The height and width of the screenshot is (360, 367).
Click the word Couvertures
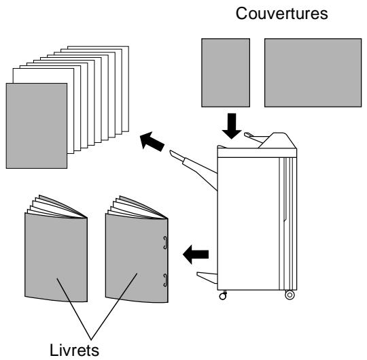tap(281, 14)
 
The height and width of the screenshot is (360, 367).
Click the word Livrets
tap(74, 350)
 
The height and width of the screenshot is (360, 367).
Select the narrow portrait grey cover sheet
tap(226, 73)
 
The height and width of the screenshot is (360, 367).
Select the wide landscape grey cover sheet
tap(313, 73)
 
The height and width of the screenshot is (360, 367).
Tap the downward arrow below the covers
tap(232, 126)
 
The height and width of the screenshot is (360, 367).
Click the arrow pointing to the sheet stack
tap(152, 142)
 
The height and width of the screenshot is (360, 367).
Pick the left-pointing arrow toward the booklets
tap(196, 255)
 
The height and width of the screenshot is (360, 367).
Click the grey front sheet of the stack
tap(37, 126)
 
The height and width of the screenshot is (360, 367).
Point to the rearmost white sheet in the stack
tap(126, 89)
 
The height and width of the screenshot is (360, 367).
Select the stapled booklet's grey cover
tap(137, 259)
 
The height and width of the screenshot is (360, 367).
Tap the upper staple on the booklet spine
tap(165, 242)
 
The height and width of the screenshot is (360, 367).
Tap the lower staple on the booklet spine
tap(165, 280)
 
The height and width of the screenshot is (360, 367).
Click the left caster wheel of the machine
tap(223, 296)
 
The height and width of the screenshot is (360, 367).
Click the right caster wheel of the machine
tap(290, 295)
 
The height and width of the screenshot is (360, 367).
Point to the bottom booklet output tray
tap(207, 278)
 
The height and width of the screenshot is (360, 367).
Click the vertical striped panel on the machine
tap(288, 224)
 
